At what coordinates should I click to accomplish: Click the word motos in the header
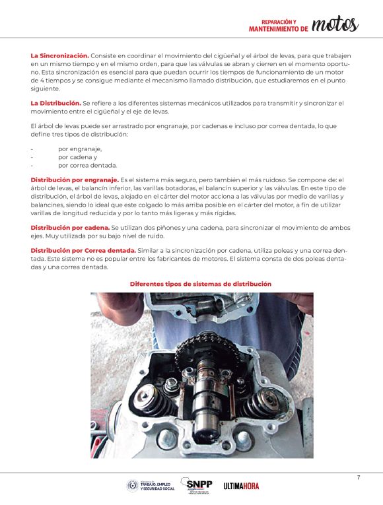(x=335, y=24)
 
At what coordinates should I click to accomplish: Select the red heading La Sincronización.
(x=59, y=55)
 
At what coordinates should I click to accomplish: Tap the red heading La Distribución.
(x=55, y=104)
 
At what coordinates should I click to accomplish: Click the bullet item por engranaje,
(x=80, y=149)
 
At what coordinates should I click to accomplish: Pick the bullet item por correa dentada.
(x=88, y=166)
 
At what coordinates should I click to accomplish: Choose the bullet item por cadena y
(x=78, y=157)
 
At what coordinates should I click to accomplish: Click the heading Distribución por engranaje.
(x=75, y=180)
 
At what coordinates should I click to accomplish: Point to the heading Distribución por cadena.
(x=70, y=228)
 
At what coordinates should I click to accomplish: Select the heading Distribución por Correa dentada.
(x=83, y=251)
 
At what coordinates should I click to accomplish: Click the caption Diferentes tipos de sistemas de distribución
(x=201, y=284)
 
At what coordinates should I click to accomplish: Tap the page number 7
(x=359, y=478)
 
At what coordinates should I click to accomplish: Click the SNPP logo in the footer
(x=197, y=485)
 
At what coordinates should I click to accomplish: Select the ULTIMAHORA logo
(x=241, y=486)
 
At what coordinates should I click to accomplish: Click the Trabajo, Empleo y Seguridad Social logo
(x=151, y=486)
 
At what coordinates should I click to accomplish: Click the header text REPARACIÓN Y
(x=279, y=22)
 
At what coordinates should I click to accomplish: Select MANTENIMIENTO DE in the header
(x=279, y=29)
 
